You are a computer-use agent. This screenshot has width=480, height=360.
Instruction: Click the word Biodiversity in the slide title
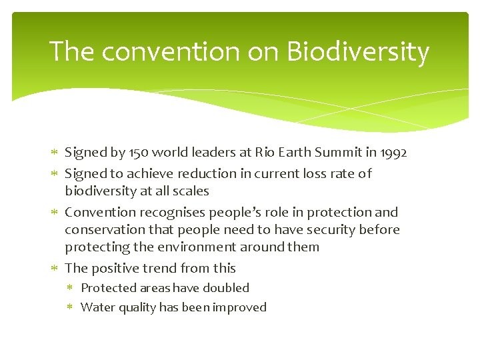[358, 52]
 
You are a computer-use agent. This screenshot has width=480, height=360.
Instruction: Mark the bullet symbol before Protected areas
[71, 288]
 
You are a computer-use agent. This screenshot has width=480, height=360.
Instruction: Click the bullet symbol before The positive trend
[55, 269]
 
